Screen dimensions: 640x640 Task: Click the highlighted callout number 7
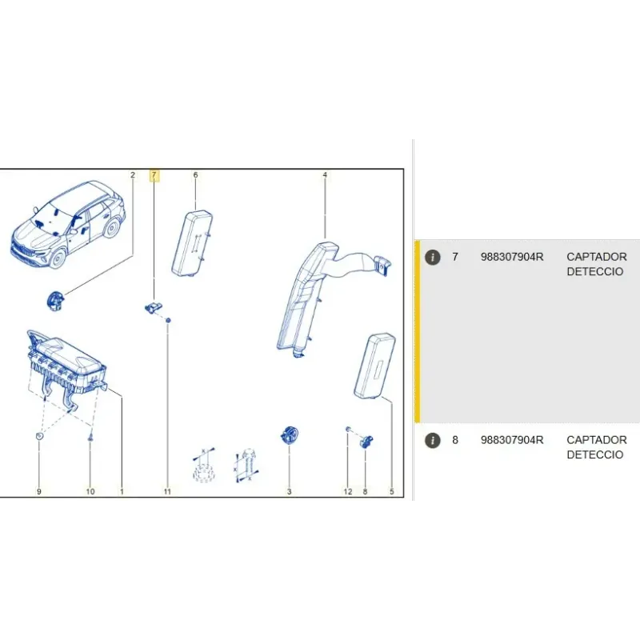154,175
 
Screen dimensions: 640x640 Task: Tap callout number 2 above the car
133,174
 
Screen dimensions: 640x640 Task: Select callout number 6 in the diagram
195,174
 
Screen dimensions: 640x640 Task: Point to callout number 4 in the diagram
325,174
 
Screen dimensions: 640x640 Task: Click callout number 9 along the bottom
39,491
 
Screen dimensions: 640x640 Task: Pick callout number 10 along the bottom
90,491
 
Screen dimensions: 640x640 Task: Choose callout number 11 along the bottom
167,491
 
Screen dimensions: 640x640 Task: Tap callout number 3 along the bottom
290,491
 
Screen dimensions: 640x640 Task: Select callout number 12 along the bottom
348,491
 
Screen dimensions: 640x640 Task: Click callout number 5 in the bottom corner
392,491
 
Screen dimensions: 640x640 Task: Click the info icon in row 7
433,258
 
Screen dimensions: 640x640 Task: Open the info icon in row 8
433,441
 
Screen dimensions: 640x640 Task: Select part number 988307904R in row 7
512,257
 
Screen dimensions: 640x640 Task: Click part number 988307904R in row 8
512,440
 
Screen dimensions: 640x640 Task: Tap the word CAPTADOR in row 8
597,440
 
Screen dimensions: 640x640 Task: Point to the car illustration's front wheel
58,258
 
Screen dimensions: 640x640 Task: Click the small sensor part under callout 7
154,308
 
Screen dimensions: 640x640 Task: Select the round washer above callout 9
39,436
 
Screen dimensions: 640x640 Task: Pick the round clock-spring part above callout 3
290,435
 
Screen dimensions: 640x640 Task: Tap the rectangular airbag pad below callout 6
192,243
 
